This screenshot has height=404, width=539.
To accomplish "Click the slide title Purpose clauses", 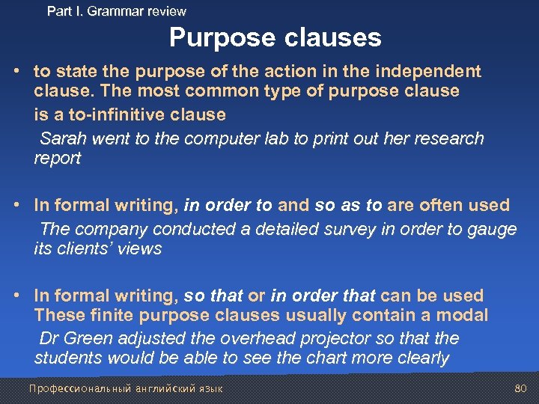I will [x=275, y=37].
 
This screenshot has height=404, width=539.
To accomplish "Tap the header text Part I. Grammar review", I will [x=116, y=11].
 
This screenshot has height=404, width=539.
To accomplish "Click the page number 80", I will [x=521, y=388].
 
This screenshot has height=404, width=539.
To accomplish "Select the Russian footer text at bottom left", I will [x=125, y=389].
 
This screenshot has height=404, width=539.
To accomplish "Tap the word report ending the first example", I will [x=57, y=158].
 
